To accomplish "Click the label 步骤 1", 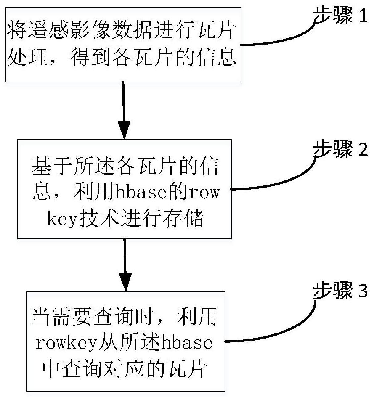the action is tap(340, 15).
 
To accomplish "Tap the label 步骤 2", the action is tap(340, 149).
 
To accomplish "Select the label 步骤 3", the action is tap(340, 290).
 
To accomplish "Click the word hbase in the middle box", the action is tap(141, 192).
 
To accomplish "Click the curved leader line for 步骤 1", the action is tap(279, 36).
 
